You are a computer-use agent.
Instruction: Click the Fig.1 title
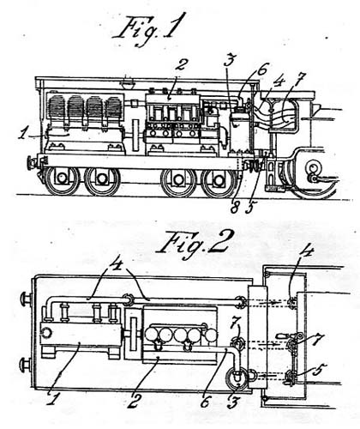[x=148, y=28]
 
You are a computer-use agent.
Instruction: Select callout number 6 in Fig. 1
[x=262, y=69]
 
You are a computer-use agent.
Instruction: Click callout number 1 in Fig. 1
[x=24, y=133]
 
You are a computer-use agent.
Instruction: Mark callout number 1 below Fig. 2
[x=51, y=399]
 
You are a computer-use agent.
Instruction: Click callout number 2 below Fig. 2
[x=135, y=400]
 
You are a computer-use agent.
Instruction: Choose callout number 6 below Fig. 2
[x=206, y=401]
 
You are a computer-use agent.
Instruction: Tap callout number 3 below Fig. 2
[x=232, y=402]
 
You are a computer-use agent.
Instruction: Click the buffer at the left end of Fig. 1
[x=32, y=163]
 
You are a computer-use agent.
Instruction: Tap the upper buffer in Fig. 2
[x=27, y=299]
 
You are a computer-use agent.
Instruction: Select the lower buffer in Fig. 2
[x=27, y=365]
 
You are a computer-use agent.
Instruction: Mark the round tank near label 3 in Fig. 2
[x=237, y=378]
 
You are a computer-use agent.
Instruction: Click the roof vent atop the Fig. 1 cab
[x=128, y=84]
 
